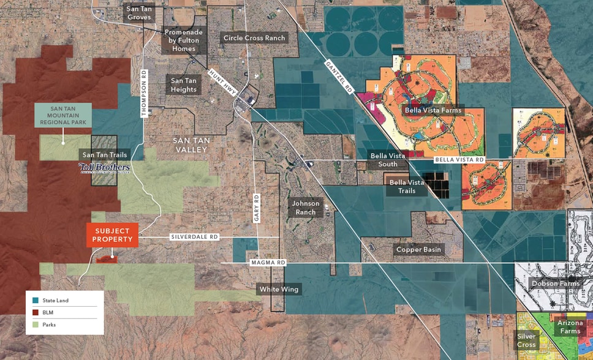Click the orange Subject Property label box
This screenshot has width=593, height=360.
pyautogui.click(x=112, y=234)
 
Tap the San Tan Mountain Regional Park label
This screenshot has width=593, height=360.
pyautogui.click(x=63, y=115)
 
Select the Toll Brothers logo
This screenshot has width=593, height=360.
pyautogui.click(x=104, y=167)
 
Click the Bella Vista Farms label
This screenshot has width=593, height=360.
pyautogui.click(x=432, y=110)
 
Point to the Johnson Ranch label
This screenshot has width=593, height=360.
pyautogui.click(x=306, y=208)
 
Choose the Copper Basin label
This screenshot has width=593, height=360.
pyautogui.click(x=418, y=250)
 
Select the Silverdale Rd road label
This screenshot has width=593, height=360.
pyautogui.click(x=194, y=236)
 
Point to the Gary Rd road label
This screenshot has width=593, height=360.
pyautogui.click(x=257, y=208)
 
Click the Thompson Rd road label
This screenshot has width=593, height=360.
pyautogui.click(x=145, y=94)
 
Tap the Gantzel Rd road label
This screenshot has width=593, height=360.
pyautogui.click(x=339, y=77)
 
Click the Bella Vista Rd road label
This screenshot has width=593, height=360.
pyautogui.click(x=459, y=160)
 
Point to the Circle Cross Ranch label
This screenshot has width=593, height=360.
pyautogui.click(x=254, y=38)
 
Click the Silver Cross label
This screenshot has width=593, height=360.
pyautogui.click(x=526, y=340)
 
